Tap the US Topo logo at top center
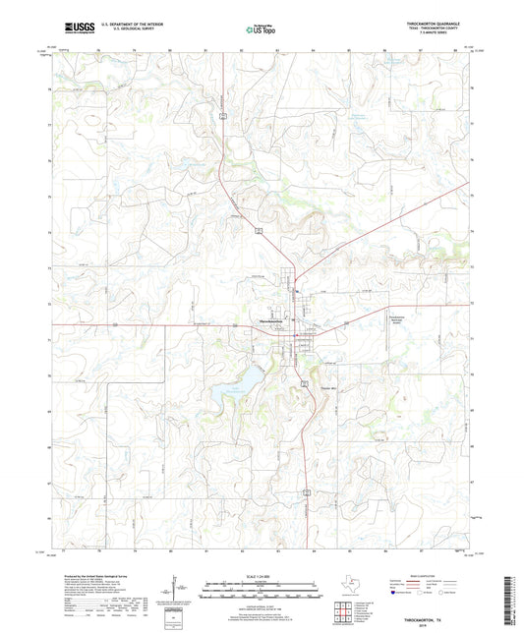pyautogui.click(x=261, y=30)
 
